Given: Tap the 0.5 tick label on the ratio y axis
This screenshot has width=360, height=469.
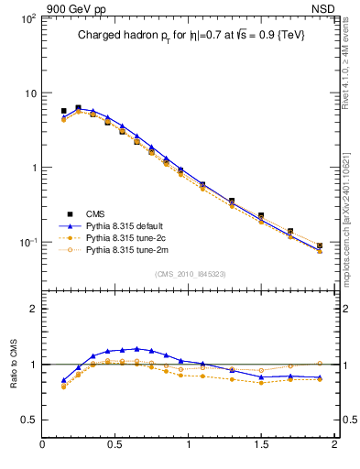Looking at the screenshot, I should (x=28, y=420).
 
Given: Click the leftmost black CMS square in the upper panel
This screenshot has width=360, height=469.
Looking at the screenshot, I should (x=63, y=111).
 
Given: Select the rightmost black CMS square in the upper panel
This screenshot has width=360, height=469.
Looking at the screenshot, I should (x=320, y=245).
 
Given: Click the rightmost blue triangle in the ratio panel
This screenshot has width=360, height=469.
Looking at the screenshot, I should (x=320, y=377).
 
